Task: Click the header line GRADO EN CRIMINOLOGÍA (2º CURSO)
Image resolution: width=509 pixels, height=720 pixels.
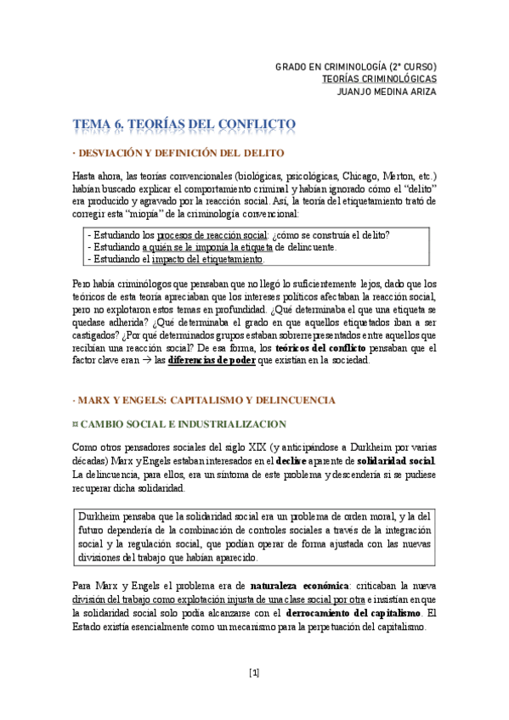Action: pos(356,65)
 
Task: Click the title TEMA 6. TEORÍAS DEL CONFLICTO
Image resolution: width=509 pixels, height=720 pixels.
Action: pos(184,125)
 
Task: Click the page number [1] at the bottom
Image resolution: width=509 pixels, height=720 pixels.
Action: pos(254,673)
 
